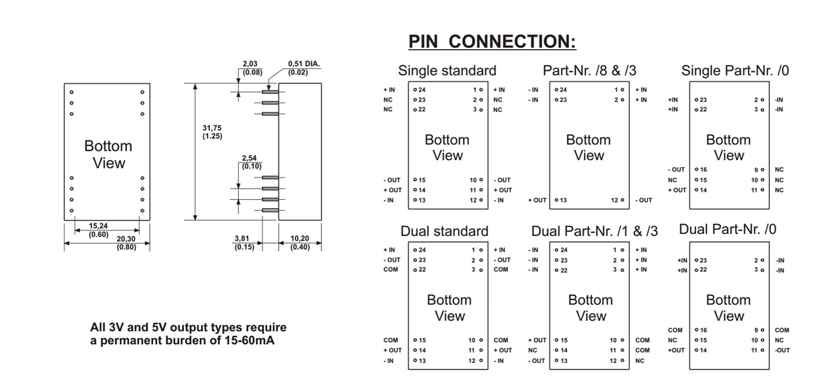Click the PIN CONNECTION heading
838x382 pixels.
coord(492,41)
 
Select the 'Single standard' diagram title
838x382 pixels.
coord(447,71)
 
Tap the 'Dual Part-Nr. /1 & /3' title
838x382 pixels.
coord(594,231)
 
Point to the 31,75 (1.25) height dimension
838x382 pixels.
coord(212,132)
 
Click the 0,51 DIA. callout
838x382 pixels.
coord(304,68)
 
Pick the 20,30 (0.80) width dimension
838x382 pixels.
coord(126,243)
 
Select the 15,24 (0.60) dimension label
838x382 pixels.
coord(99,230)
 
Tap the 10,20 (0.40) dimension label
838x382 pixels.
coord(301,243)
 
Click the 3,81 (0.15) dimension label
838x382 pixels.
coord(244,243)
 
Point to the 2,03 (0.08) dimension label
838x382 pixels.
coord(252,68)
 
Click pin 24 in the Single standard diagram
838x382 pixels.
coord(420,90)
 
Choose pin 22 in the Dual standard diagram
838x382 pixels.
coord(420,269)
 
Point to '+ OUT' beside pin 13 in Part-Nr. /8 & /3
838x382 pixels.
coord(537,200)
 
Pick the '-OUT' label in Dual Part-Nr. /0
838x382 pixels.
coord(782,350)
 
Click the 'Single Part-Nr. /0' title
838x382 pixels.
coord(735,71)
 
